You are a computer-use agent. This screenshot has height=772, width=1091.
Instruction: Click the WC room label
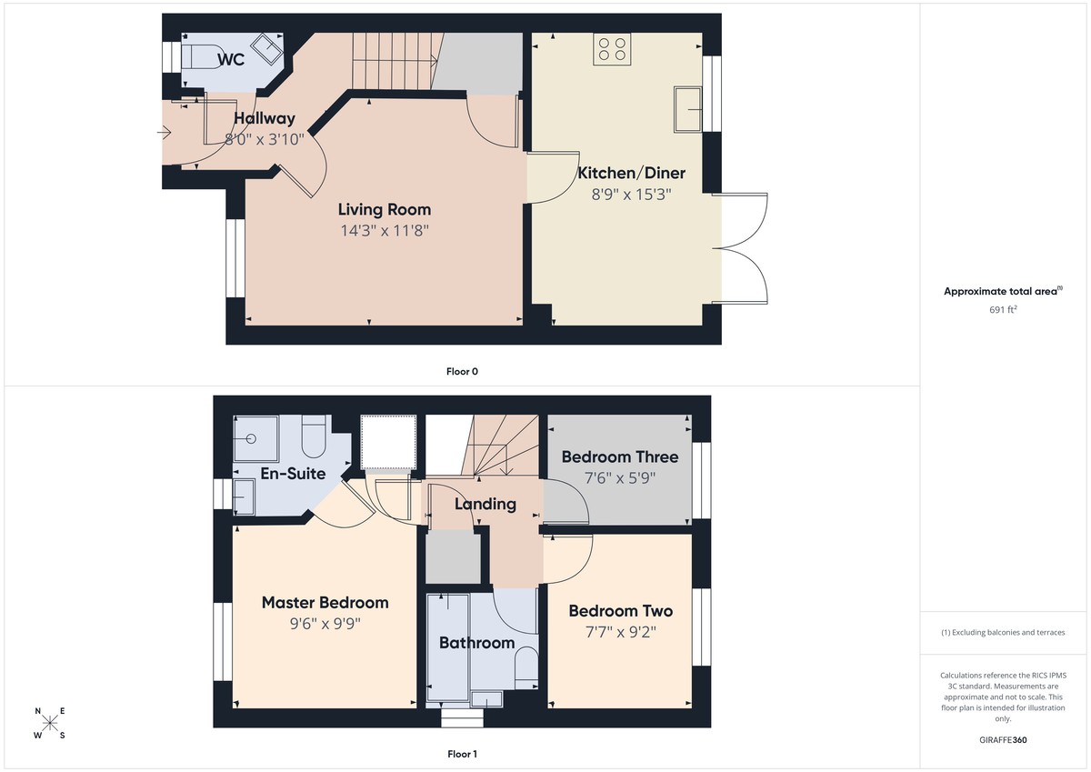tap(231, 60)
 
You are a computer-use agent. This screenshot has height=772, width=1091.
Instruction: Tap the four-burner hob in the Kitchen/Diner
tap(613, 50)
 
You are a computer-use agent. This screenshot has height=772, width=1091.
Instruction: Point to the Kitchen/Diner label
tap(632, 173)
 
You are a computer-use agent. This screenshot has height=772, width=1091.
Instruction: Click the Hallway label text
tap(265, 118)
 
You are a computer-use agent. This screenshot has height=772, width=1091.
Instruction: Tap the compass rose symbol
tap(51, 723)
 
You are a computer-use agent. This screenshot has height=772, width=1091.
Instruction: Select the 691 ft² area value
tap(1003, 310)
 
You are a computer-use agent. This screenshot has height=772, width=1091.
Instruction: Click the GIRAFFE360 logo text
tap(1003, 740)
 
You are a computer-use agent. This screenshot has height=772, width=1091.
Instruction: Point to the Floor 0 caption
tap(462, 372)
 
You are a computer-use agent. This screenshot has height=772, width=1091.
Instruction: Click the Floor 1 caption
tap(462, 754)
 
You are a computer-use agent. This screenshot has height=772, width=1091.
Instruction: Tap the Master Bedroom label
tap(325, 603)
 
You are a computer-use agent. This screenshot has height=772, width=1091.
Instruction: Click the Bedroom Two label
tap(620, 611)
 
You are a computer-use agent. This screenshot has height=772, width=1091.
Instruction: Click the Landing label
tap(485, 504)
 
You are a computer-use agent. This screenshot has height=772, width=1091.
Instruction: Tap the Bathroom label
tap(476, 643)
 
